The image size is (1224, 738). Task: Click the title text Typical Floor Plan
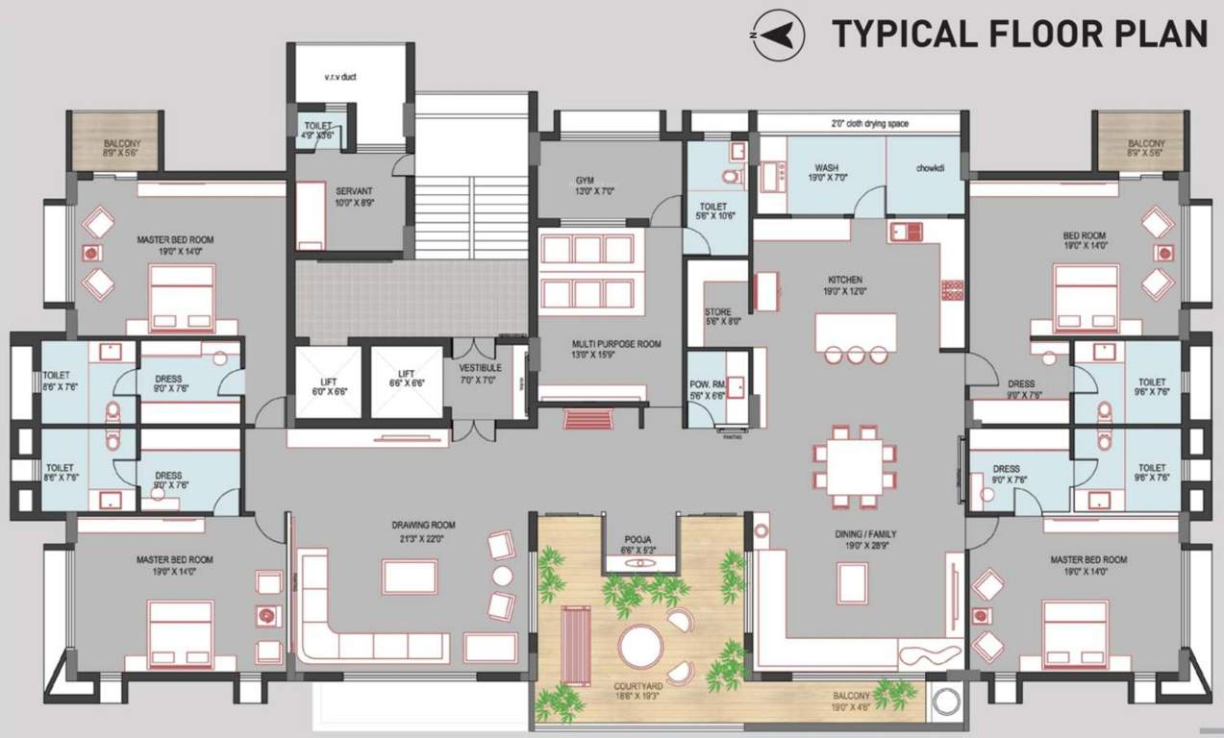(x=1019, y=35)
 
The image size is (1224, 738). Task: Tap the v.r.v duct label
(x=340, y=77)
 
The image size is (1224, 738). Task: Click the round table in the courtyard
(x=641, y=646)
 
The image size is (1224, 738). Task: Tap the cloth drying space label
(x=869, y=124)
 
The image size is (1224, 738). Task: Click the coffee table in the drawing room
(x=410, y=576)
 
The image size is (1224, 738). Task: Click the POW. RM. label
(x=706, y=388)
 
